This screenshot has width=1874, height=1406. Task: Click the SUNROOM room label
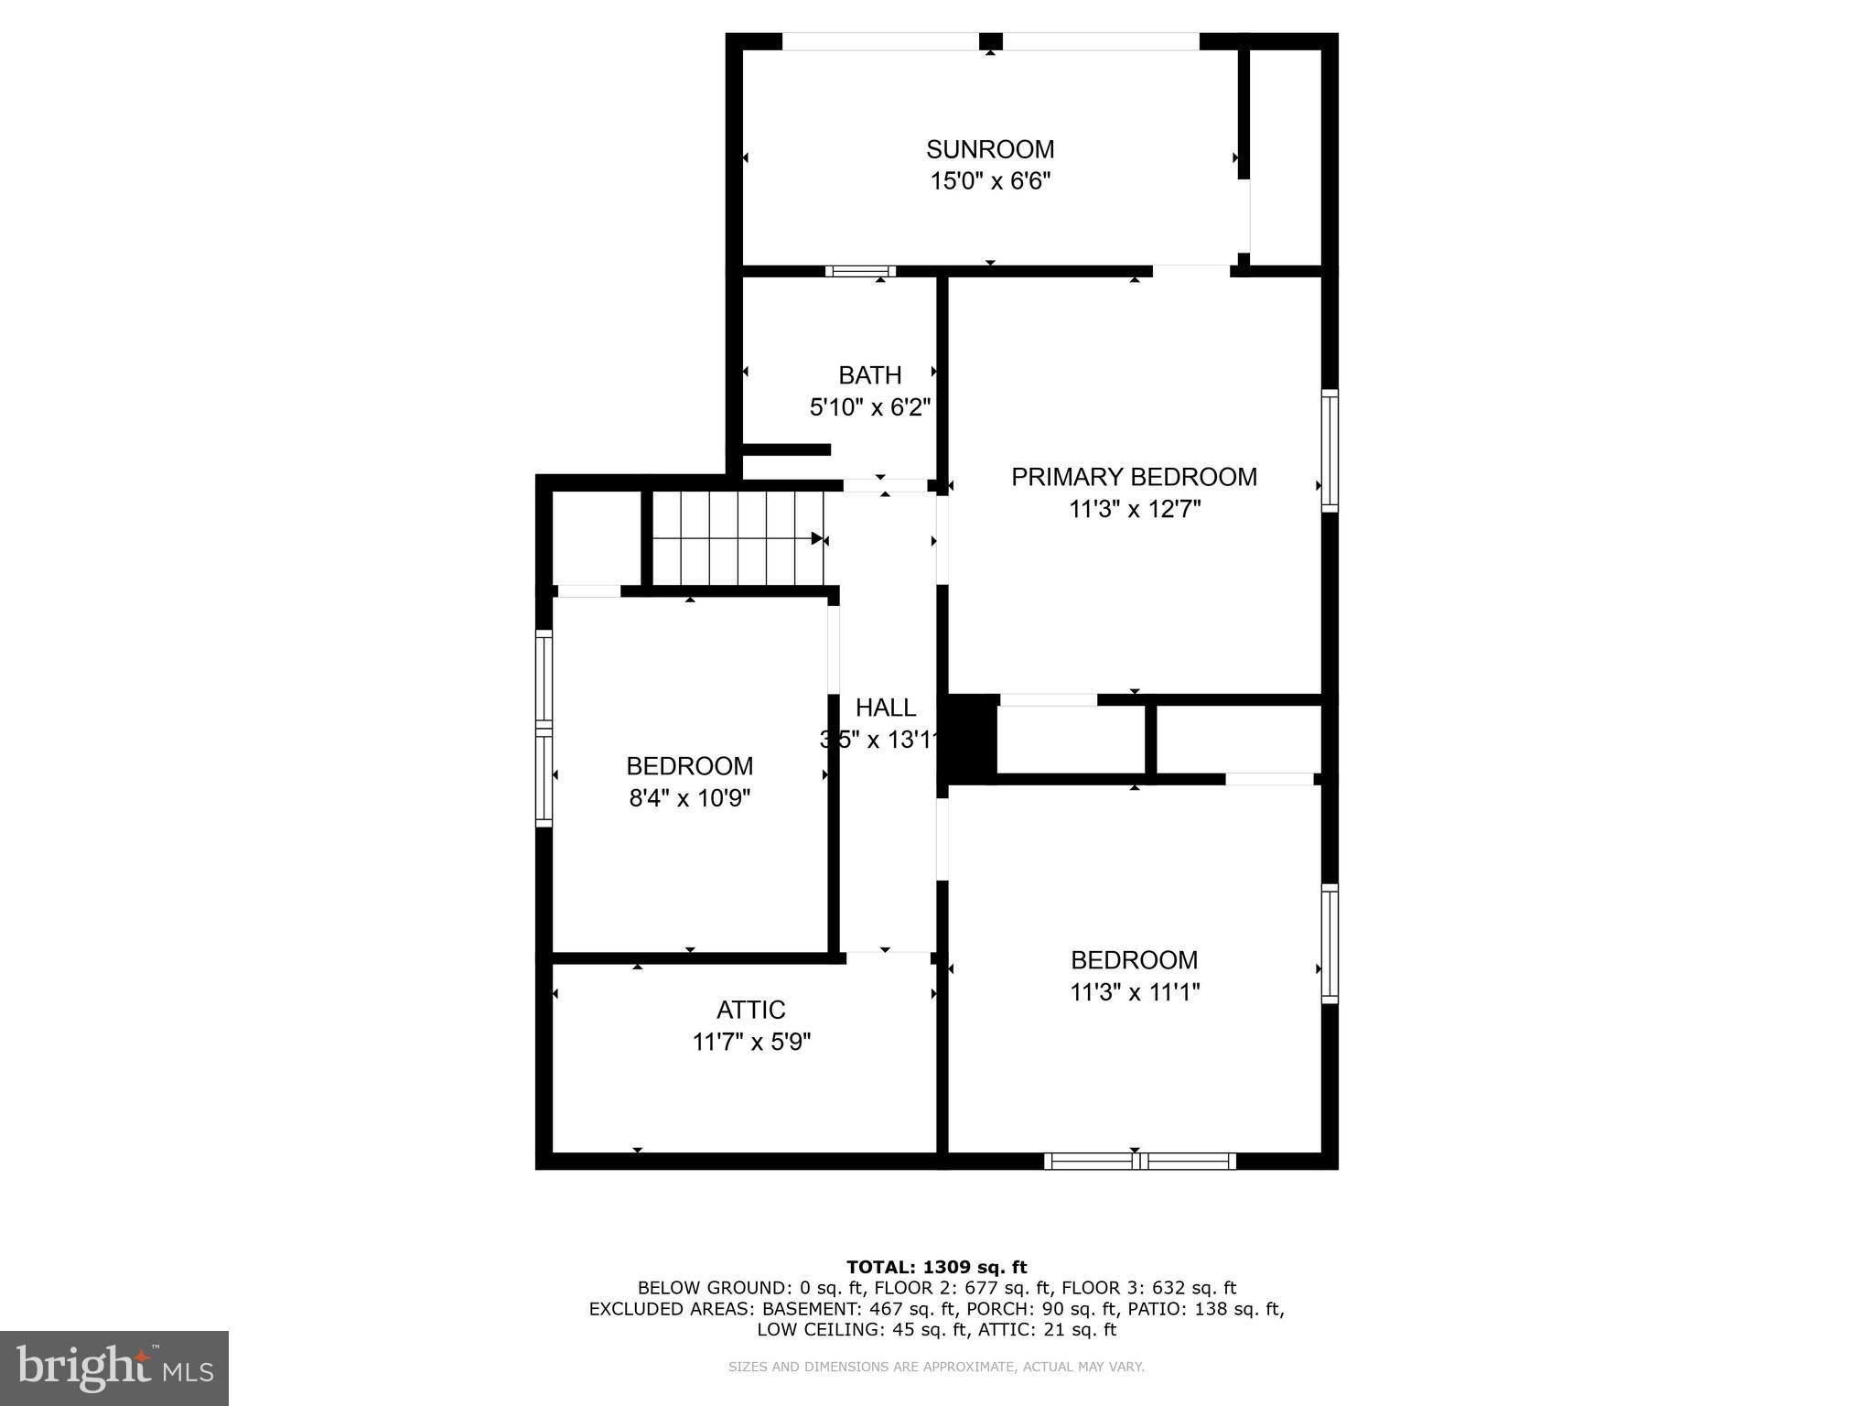[990, 149]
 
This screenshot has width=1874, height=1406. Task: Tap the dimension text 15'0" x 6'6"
[990, 181]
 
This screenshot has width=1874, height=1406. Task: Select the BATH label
[870, 375]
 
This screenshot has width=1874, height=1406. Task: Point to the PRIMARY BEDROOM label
[1134, 477]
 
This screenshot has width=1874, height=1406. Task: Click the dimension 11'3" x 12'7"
[1134, 509]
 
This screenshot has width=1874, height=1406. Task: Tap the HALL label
[886, 708]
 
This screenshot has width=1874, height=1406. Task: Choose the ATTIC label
[751, 1010]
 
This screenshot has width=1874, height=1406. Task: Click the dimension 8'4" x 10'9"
[690, 798]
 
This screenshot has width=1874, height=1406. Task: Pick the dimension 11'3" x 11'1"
[1134, 992]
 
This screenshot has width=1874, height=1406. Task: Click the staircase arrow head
[816, 538]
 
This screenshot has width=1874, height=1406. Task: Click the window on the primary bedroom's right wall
[1330, 450]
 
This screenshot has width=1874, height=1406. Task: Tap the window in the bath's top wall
[860, 271]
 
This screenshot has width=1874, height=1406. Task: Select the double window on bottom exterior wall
[1140, 1161]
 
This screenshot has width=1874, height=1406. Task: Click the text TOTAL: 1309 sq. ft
[936, 1267]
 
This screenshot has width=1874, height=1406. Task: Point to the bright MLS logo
[114, 1368]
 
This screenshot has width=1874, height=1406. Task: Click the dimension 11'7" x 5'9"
[751, 1042]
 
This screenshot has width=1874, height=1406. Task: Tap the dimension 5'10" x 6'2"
[870, 407]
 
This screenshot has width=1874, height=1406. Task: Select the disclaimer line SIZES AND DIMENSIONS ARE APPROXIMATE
[936, 1367]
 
